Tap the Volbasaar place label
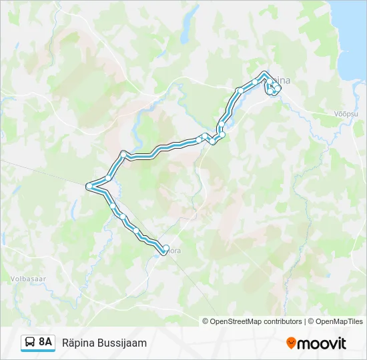27,277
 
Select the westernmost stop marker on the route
89,186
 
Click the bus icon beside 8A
30,342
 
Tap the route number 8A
45,342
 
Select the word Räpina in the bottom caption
77,343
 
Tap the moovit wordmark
322,343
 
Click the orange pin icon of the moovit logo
291,343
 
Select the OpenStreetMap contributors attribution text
256,321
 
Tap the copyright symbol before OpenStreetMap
206,321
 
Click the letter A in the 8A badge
49,342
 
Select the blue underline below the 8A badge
37,351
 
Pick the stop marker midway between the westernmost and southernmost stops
122,215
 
